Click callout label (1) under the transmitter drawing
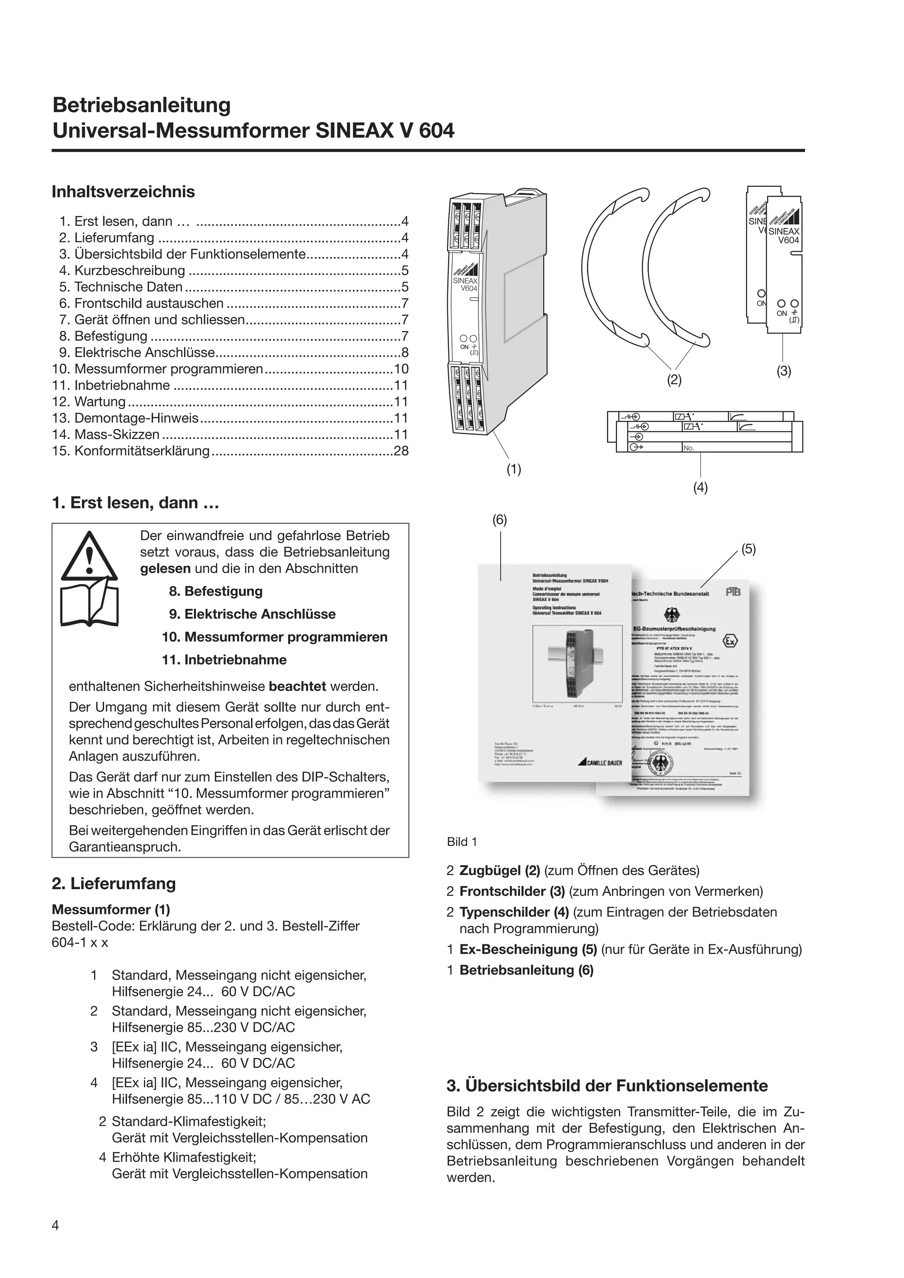pyautogui.click(x=513, y=469)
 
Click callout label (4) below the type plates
pyautogui.click(x=700, y=488)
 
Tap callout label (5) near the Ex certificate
pyautogui.click(x=748, y=549)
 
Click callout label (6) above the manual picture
pyautogui.click(x=499, y=520)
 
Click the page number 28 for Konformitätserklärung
pyautogui.click(x=401, y=451)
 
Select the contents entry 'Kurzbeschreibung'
pyautogui.click(x=129, y=271)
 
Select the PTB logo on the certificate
pyautogui.click(x=733, y=592)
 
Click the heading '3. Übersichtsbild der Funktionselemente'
pyautogui.click(x=607, y=1086)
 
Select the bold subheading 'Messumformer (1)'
pyautogui.click(x=111, y=910)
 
